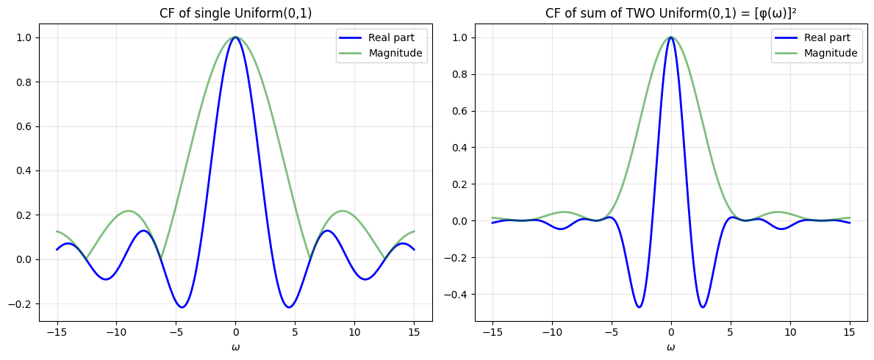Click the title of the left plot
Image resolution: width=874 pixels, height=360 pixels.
235,13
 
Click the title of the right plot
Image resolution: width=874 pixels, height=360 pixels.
670,13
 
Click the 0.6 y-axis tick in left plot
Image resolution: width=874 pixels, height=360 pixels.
24,126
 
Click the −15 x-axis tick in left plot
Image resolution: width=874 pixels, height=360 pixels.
57,331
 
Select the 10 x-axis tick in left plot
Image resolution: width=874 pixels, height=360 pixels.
354,331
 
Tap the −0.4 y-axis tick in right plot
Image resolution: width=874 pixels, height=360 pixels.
456,295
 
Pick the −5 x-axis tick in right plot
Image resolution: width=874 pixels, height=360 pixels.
611,331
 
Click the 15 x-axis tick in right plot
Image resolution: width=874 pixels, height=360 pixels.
849,331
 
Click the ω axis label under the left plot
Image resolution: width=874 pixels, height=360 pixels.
235,347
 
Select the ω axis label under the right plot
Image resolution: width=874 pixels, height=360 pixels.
670,347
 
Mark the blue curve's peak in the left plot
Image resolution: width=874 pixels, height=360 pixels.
235,37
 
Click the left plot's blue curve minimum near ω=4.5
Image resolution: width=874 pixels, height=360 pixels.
289,307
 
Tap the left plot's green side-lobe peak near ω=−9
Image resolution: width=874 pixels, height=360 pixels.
128,211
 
